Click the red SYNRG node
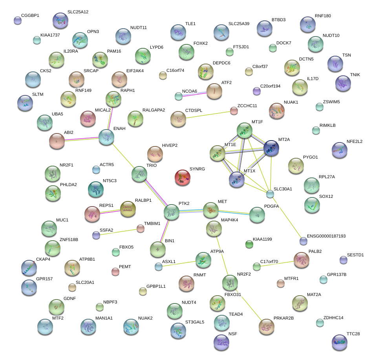pos(182,177)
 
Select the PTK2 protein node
pos(172,212)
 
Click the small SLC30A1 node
pos(270,194)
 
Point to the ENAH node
pos(106,137)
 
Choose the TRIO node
pos(139,174)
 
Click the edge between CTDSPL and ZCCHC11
pos(208,115)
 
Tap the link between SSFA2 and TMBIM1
pos(118,232)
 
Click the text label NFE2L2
pos(355,141)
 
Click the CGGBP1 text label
pos(30,15)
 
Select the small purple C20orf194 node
pos(257,91)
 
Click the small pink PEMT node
pos(115,271)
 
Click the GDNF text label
pos(69,298)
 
